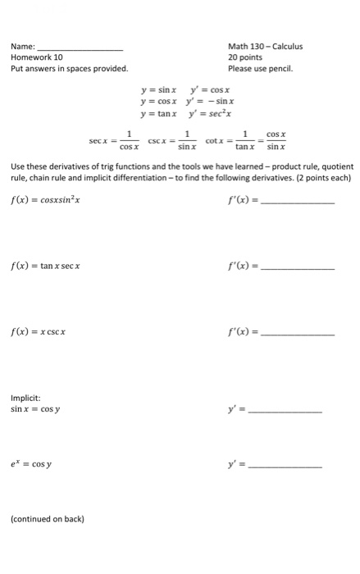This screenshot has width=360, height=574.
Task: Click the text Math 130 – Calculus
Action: click(265, 46)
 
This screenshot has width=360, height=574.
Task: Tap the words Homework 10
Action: click(37, 57)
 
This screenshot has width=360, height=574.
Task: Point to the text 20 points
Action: click(245, 57)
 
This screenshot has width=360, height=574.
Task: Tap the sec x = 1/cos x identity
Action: click(115, 140)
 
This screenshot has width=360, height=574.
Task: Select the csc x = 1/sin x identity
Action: click(171, 140)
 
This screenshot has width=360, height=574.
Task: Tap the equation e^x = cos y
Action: click(32, 465)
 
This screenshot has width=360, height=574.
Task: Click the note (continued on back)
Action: click(48, 518)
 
